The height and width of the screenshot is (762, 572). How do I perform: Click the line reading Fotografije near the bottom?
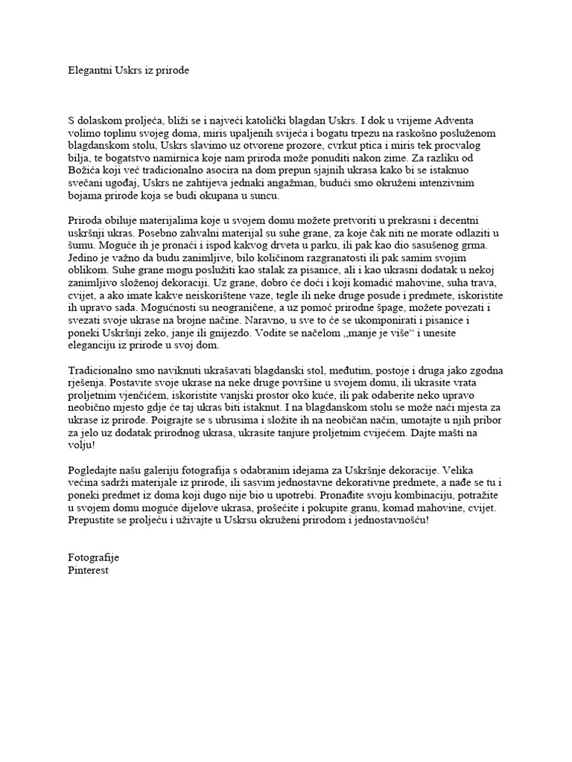[x=93, y=558]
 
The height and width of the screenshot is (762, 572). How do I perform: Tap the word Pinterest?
[x=88, y=571]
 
